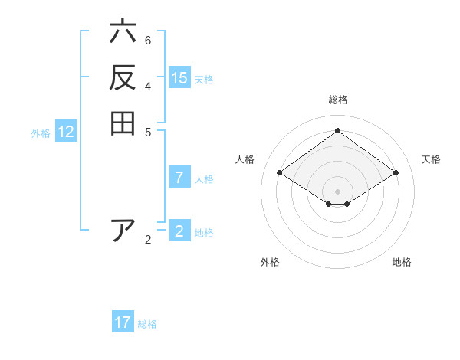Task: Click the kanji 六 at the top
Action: pos(123,33)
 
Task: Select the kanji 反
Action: pos(123,78)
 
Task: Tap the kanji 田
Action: pos(123,123)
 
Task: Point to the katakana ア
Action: pos(123,231)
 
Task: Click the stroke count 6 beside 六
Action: pos(148,40)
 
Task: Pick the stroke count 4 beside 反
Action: pos(148,85)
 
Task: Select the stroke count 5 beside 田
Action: pos(148,131)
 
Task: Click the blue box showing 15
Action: pos(179,77)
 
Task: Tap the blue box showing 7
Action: pos(179,178)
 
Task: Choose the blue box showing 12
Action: pos(66,132)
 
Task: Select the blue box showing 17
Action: pos(123,322)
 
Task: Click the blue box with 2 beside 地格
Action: pos(179,231)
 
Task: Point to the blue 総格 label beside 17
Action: pos(147,324)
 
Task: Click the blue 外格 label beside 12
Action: pos(41,133)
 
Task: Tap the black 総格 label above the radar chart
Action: pos(337,100)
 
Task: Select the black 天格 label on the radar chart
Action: pos(431,159)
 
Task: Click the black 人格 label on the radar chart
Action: pos(245,159)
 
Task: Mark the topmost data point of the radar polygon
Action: pos(337,130)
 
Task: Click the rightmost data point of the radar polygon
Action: pos(396,173)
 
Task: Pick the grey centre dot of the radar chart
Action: pos(337,191)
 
